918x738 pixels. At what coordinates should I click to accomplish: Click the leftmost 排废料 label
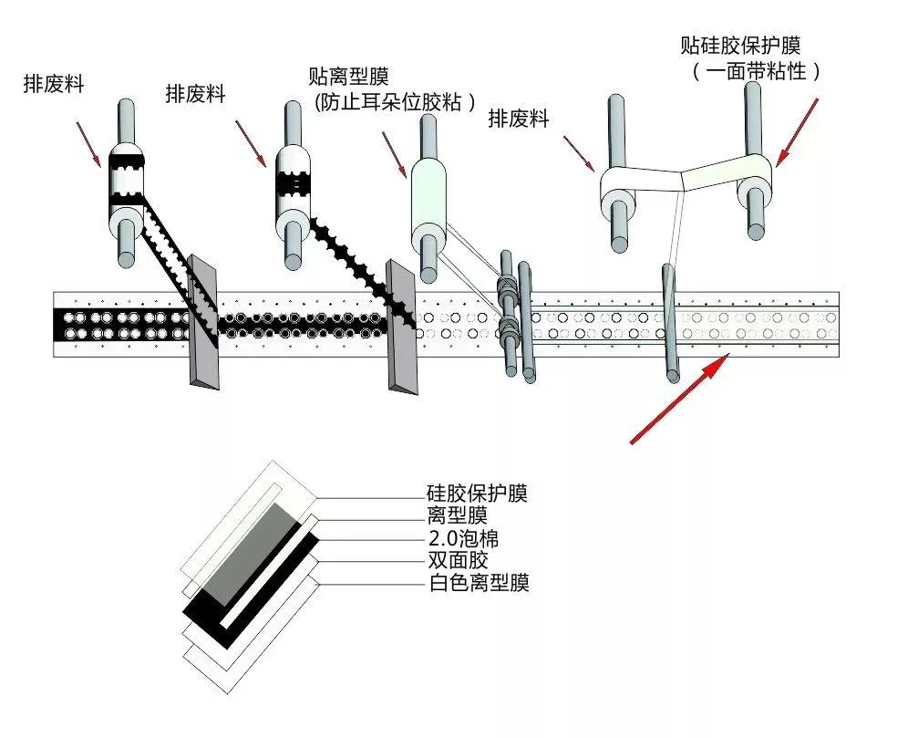54,84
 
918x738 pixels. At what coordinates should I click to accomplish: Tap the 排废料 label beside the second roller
195,93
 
